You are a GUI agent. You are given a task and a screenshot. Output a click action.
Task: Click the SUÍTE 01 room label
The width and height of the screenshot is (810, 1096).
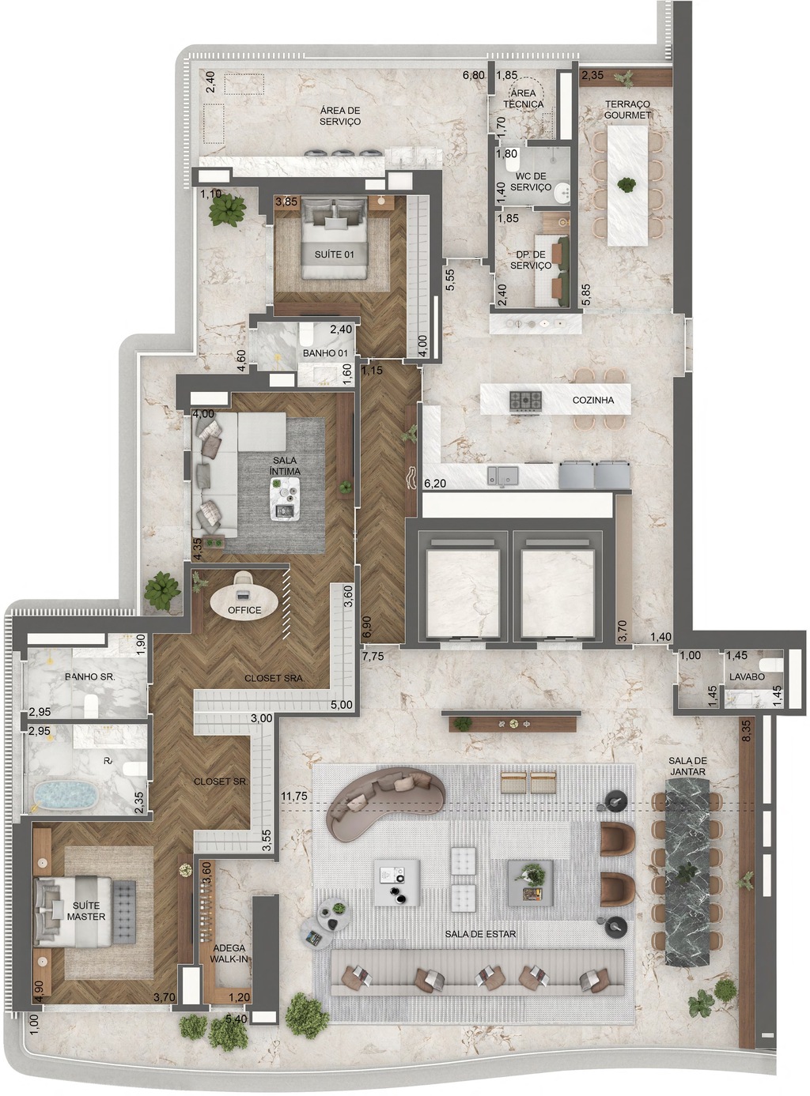point(335,254)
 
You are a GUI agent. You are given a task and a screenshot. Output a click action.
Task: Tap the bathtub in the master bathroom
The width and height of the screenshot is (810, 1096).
point(65,795)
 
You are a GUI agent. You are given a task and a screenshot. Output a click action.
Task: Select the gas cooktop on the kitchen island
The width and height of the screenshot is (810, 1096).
point(525,400)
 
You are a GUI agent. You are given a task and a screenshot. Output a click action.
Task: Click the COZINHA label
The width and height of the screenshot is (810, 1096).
point(593,400)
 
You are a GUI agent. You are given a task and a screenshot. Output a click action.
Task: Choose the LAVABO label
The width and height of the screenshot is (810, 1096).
point(747,676)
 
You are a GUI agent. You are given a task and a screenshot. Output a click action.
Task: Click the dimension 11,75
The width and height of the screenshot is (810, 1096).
point(294,796)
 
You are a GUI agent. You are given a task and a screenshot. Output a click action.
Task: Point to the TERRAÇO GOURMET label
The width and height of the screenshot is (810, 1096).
point(627,109)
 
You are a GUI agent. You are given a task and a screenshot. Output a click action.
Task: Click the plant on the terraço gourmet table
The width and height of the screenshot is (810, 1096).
point(626,185)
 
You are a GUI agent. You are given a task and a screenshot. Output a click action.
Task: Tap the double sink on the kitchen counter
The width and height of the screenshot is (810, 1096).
point(503,474)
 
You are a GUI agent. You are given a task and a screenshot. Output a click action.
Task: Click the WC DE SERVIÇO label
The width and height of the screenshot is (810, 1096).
point(531,181)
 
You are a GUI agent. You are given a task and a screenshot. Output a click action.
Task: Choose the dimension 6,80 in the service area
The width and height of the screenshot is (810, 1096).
point(473,76)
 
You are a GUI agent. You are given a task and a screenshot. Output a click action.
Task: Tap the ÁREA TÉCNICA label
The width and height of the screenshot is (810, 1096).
point(523,98)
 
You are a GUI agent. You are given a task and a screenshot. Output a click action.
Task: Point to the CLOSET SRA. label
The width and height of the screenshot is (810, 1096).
point(274,679)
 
